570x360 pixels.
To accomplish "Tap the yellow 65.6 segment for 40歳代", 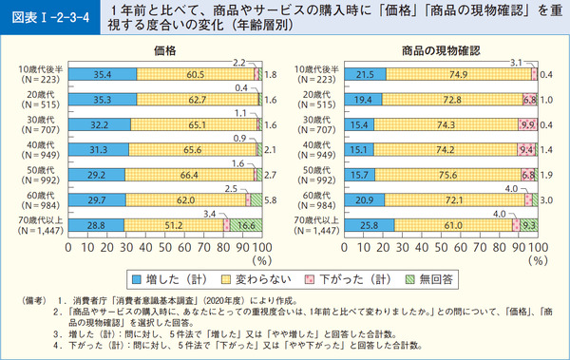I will tap(190, 146).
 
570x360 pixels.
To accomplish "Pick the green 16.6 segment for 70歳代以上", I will tap(245, 225).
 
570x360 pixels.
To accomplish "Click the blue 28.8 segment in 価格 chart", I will tap(96, 225).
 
